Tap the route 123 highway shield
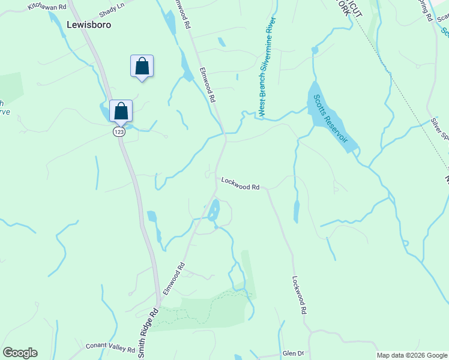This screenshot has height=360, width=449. tap(119, 131)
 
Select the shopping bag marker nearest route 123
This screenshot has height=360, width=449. tap(121, 111)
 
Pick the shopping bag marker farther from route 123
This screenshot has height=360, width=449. tap(142, 66)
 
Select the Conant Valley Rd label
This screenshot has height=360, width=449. tap(110, 347)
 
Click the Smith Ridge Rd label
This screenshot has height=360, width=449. tap(149, 334)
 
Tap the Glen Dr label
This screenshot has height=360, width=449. tap(294, 353)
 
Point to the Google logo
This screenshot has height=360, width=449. tap(20, 353)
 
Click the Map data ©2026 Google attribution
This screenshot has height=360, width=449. tap(412, 355)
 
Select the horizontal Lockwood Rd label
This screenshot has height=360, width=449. tap(240, 183)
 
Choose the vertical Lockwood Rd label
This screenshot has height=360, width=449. tap(300, 296)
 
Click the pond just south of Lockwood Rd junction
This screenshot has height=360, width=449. tap(213, 211)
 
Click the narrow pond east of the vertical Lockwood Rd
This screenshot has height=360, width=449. tap(297, 212)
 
